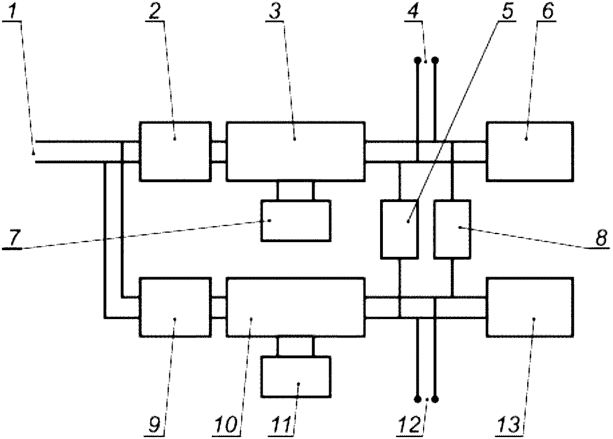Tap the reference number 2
pos(155,11)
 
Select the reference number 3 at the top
pos(275,11)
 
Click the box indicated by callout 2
pos(175,151)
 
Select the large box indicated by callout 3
pos(296,151)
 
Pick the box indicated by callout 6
pos(530,151)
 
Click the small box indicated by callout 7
pos(296,221)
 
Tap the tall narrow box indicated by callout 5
pos(399,229)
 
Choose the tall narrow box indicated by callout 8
pos(452,229)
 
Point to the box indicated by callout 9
pos(175,307)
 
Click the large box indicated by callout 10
pos(296,307)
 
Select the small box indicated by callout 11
pos(296,377)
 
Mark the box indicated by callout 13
pos(530,307)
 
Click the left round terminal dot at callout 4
pos(418,60)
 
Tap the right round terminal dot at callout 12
pos(435,399)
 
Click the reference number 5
pos(507,11)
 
